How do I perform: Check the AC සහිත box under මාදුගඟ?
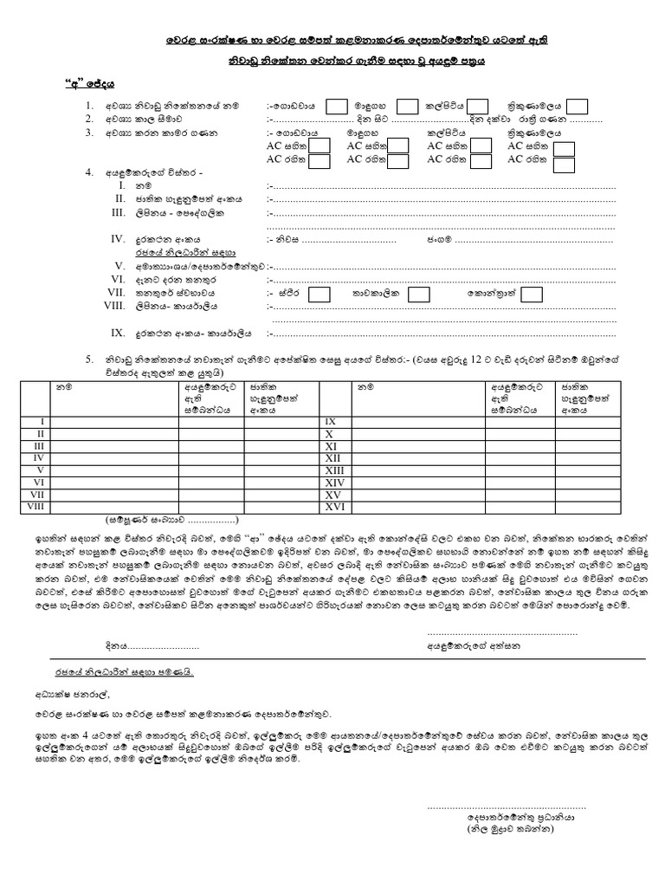pyautogui.click(x=398, y=147)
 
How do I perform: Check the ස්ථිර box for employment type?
pyautogui.click(x=320, y=295)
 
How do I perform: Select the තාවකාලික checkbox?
pyautogui.click(x=425, y=295)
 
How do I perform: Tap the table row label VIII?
pyautogui.click(x=36, y=506)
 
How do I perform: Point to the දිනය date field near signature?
pyautogui.click(x=147, y=645)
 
